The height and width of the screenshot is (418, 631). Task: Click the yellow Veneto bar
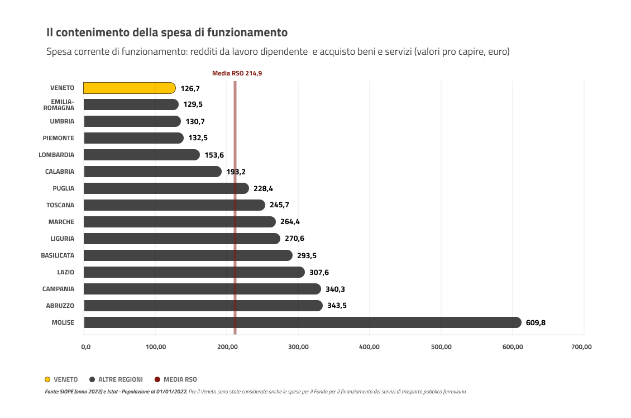[x=129, y=88]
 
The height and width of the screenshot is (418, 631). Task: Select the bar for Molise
[x=302, y=322]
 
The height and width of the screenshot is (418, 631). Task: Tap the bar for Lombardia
[x=141, y=155]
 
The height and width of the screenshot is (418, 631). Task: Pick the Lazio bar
[x=194, y=272]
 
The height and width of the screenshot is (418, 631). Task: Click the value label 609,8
[x=536, y=323]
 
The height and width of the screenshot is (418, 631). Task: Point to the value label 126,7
[x=190, y=88]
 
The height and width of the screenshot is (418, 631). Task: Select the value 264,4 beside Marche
[x=290, y=222]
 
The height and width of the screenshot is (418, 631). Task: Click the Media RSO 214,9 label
[x=237, y=73]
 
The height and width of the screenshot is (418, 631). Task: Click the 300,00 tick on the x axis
[x=299, y=347]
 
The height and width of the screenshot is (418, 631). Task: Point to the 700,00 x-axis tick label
[x=581, y=347]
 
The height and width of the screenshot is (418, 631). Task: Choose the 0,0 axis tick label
[x=85, y=347]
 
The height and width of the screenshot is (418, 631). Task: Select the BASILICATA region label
[x=58, y=255]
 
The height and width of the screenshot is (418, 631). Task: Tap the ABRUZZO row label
[x=60, y=306]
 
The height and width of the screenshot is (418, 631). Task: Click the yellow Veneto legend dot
[x=48, y=379]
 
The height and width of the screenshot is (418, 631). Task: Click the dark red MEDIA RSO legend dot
[x=157, y=379]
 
